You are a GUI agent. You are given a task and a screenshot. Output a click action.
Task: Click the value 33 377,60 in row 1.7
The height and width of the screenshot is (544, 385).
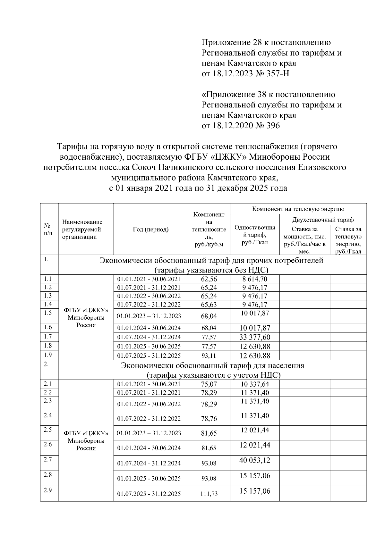[255, 337]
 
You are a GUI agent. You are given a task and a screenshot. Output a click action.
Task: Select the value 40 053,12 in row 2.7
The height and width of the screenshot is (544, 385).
[255, 460]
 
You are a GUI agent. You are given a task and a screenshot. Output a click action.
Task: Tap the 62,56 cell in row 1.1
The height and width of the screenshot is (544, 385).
[209, 279]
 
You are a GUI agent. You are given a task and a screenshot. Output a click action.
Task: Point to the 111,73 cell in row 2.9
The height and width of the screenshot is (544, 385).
[209, 494]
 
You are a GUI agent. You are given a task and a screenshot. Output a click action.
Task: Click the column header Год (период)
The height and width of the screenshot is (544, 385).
[150, 229]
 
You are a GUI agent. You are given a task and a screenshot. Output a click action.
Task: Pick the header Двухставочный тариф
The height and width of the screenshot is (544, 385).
[323, 220]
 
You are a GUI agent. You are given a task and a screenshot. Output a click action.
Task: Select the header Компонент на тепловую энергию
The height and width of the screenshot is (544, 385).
[298, 209]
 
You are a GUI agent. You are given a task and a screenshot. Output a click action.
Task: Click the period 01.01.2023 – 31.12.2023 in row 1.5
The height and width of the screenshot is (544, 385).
[149, 316]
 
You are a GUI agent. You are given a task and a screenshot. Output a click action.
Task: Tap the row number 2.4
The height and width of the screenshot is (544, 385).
[48, 415]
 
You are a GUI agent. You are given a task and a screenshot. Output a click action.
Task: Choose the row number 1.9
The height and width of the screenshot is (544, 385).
[48, 355]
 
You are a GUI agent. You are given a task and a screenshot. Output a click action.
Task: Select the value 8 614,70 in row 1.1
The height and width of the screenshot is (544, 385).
[255, 279]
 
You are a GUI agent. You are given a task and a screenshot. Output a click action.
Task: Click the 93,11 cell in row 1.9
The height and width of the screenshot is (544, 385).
[209, 356]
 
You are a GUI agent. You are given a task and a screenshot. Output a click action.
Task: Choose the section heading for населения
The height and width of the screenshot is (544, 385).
[212, 370]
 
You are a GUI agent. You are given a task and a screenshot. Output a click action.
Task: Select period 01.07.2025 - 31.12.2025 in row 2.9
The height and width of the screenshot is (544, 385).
[149, 494]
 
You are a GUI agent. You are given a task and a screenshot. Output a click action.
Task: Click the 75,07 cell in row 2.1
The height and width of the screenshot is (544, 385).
[209, 384]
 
